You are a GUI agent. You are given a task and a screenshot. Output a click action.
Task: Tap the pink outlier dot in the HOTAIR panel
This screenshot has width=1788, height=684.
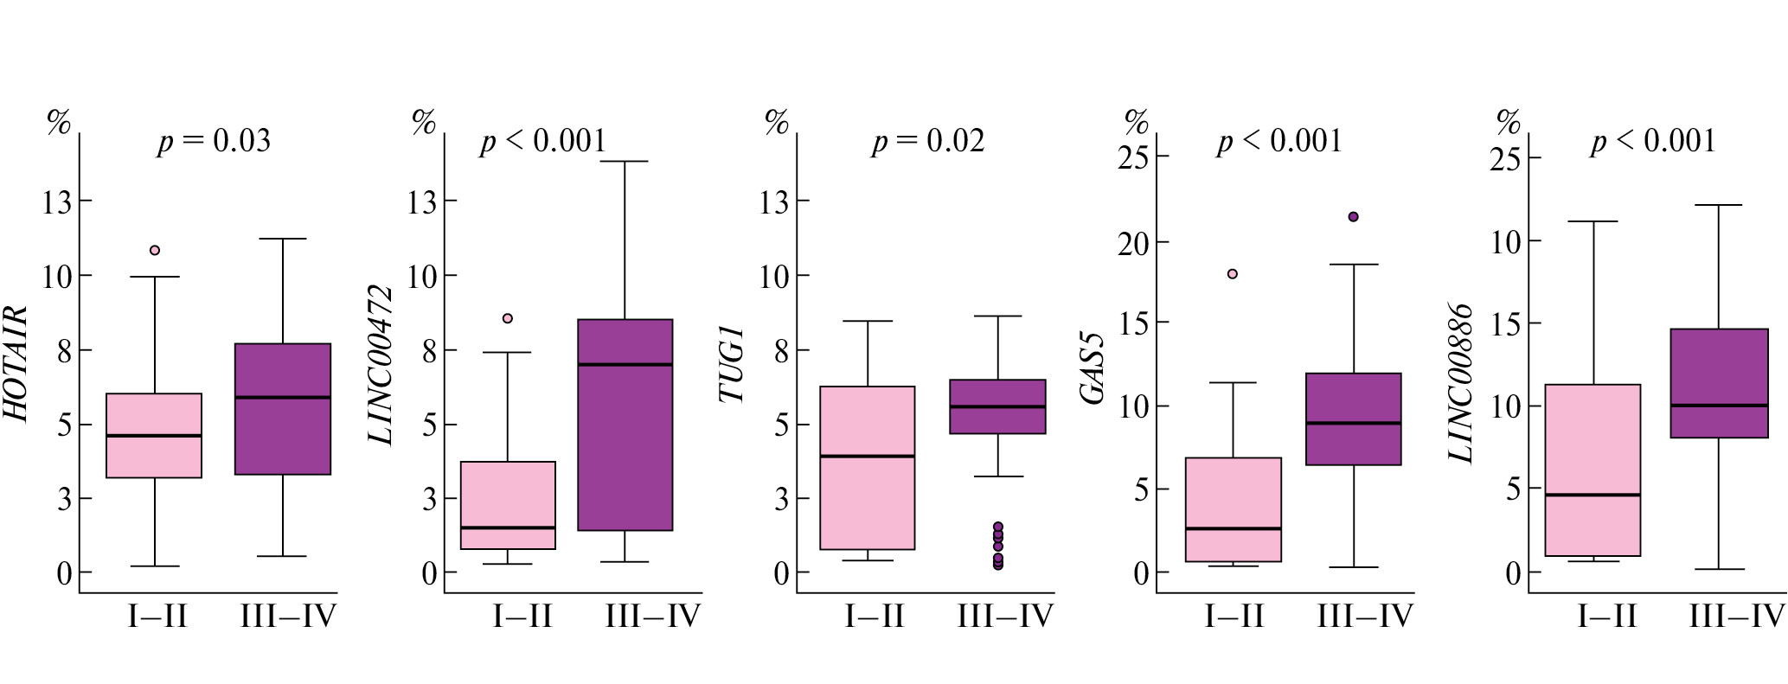pos(155,251)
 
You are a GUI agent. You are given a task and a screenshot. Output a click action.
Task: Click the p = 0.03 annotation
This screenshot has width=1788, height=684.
pos(214,141)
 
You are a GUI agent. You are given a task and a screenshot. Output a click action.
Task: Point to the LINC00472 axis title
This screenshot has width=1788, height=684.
pos(381,365)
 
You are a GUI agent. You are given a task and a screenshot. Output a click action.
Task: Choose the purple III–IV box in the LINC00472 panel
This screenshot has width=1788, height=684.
pos(625,425)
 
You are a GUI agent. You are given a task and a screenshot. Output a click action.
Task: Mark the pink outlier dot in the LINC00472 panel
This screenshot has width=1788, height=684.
pos(508,318)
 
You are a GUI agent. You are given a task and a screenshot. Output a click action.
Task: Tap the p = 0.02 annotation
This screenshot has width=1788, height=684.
pos(927,141)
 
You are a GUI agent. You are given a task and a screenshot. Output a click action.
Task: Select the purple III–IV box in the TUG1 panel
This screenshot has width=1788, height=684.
pos(997,406)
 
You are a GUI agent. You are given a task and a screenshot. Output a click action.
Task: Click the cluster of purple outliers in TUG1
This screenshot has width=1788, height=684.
pos(997,546)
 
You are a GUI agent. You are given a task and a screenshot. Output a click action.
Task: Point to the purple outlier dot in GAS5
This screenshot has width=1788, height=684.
pos(1354,217)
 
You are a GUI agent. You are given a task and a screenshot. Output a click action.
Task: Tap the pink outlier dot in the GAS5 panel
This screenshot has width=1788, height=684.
pos(1233,274)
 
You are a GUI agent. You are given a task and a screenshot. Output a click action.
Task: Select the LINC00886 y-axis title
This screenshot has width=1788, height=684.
pos(1462,383)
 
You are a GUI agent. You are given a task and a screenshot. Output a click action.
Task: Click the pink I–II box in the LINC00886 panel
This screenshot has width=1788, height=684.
pos(1593,470)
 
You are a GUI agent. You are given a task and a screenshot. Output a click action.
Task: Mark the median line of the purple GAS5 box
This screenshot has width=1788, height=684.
pos(1354,423)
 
